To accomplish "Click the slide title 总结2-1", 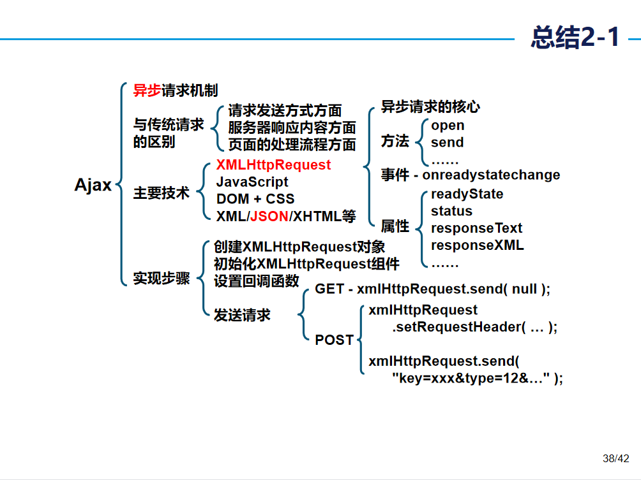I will (575, 38).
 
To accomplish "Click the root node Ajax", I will (93, 185).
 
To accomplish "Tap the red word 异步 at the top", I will (147, 91).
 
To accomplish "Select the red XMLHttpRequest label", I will (273, 164).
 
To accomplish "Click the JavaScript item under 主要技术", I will (252, 182).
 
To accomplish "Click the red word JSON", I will (269, 216).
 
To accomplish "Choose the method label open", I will (448, 126).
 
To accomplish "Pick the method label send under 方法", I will (447, 143).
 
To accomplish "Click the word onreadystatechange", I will (491, 175).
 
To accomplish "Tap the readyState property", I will (467, 194).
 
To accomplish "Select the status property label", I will (451, 211).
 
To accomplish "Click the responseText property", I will (476, 228).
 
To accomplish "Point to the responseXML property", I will (477, 245).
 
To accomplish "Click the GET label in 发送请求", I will (329, 289).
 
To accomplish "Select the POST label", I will (334, 340).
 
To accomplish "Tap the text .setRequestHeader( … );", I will (474, 327).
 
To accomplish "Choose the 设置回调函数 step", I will (256, 281).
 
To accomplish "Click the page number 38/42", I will (615, 458).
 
